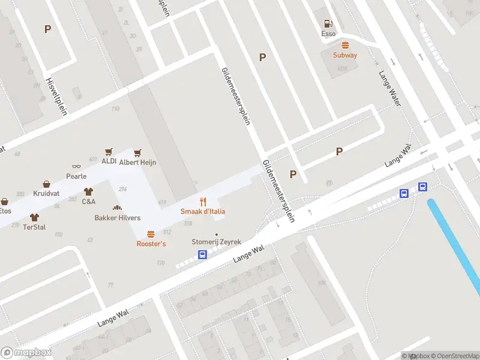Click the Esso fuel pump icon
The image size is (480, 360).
[x=328, y=24]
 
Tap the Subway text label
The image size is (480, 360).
[x=345, y=55]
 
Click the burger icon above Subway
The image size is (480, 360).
[x=345, y=45]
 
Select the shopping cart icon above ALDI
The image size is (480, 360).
[x=109, y=152]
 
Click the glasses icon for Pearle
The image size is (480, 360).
[x=76, y=167]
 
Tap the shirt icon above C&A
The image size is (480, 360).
[x=89, y=192]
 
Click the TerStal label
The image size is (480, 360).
[x=34, y=227]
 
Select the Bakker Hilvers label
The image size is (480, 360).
[x=118, y=218]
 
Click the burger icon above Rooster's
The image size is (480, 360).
[x=151, y=235]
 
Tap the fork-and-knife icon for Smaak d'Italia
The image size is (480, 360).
[x=203, y=202]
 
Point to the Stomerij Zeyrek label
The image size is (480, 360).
[x=216, y=242]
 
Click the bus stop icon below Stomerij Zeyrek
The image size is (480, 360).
[x=203, y=255]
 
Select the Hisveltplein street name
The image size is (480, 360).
[x=56, y=96]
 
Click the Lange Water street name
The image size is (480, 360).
[x=389, y=89]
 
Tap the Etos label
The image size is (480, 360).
[x=5, y=211]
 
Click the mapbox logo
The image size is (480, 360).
[x=26, y=352]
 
